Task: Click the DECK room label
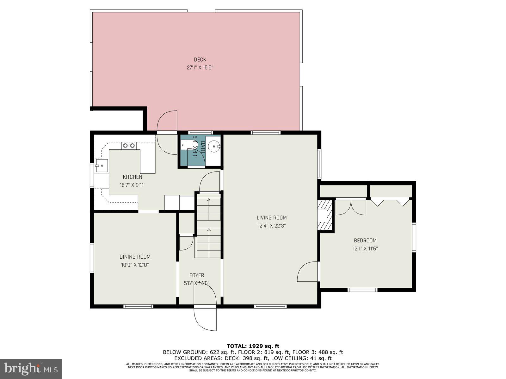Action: tap(200, 59)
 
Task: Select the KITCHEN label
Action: tap(132, 177)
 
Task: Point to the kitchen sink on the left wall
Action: tap(102, 165)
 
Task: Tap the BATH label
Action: tap(202, 147)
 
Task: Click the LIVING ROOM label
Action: tap(271, 217)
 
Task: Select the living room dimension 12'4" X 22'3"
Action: tap(271, 226)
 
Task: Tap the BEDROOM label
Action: tap(365, 240)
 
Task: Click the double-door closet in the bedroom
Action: tap(351, 207)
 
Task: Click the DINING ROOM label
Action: tap(135, 257)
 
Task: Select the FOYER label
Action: tap(197, 275)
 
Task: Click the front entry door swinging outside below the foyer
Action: tap(205, 319)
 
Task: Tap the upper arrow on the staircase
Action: tap(209, 200)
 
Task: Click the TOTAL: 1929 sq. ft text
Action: tap(253, 346)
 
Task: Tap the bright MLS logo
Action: tap(31, 369)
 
